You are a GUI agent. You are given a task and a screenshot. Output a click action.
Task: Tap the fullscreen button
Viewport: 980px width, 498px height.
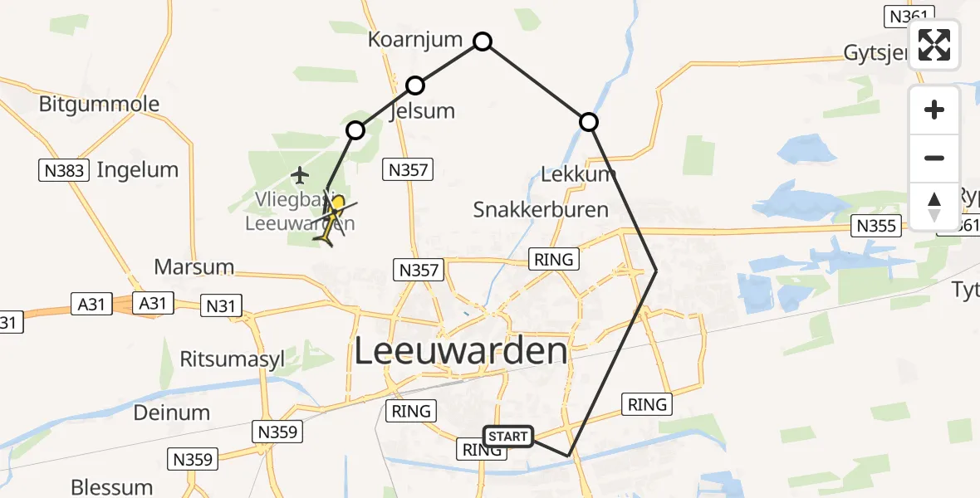(x=934, y=45)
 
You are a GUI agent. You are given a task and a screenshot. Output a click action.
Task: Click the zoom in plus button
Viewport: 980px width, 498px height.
(x=934, y=110)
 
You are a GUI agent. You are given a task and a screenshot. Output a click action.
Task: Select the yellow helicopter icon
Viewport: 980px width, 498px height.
(x=333, y=221)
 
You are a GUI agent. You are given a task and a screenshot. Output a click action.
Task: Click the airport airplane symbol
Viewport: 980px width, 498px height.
(x=300, y=175)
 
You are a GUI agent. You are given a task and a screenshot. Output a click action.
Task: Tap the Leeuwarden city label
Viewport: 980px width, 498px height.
(x=461, y=351)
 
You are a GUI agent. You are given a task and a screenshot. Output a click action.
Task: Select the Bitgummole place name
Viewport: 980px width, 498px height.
(x=100, y=105)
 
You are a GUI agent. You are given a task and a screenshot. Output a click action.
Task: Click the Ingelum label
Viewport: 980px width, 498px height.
(x=137, y=170)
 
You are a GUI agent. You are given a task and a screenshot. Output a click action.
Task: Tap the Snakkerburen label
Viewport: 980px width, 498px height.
(x=541, y=209)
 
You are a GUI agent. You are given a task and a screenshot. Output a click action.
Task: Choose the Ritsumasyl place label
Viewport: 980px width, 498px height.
(x=233, y=359)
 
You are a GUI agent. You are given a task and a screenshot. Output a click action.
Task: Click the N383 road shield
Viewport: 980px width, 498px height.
(x=62, y=171)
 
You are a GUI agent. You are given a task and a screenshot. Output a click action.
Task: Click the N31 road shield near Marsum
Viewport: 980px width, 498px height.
(x=221, y=306)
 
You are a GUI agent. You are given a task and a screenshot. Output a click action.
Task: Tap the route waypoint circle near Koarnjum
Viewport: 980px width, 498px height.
(x=483, y=41)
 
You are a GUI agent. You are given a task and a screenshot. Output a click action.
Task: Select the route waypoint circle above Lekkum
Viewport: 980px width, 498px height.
(x=588, y=123)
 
